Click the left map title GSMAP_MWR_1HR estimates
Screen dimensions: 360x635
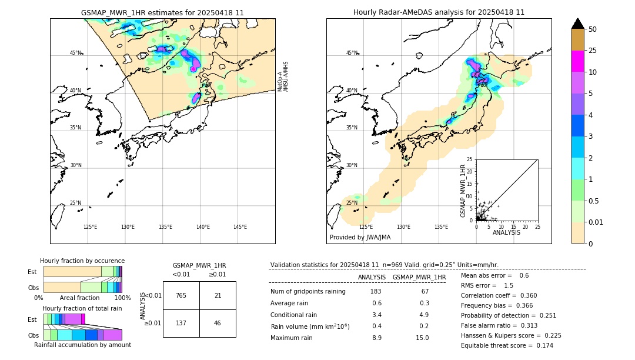(x=162, y=12)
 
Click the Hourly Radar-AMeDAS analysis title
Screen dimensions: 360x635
(x=439, y=12)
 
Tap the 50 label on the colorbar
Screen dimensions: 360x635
(x=593, y=29)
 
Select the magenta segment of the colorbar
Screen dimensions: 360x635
(x=577, y=61)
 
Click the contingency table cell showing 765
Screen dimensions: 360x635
(x=181, y=295)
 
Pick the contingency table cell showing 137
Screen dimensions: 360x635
(x=181, y=324)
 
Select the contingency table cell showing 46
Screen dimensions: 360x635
(x=218, y=324)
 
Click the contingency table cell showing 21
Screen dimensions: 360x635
(x=218, y=295)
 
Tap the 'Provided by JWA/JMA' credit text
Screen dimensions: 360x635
(x=360, y=238)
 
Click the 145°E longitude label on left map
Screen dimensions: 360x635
(x=240, y=227)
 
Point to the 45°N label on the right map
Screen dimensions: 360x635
(x=352, y=53)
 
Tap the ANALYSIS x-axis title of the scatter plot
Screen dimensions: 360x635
(x=506, y=232)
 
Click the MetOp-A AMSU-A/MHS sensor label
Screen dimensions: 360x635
(x=283, y=76)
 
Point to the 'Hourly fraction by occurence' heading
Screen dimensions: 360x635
(x=82, y=261)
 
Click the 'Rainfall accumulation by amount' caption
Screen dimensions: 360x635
(x=82, y=345)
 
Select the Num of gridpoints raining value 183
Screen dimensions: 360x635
(x=376, y=291)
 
